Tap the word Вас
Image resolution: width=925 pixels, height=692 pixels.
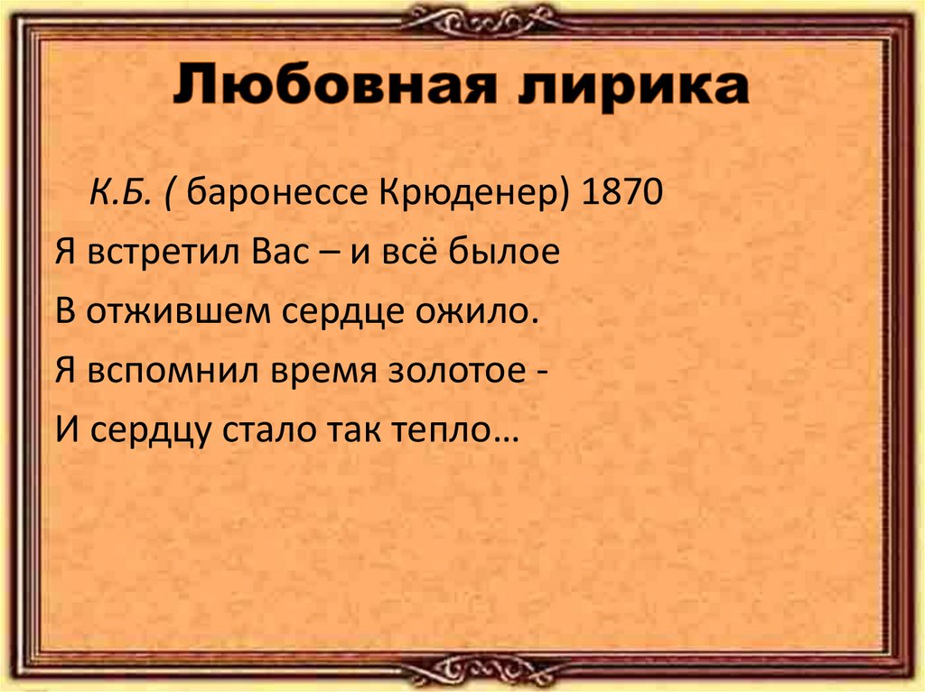click(269, 252)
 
